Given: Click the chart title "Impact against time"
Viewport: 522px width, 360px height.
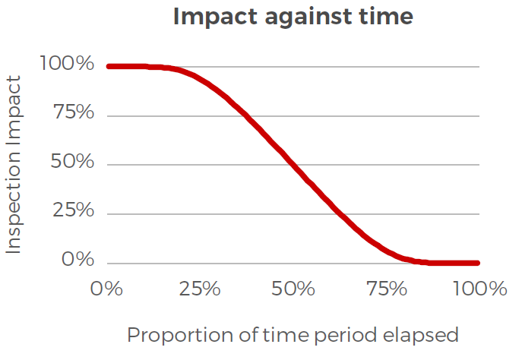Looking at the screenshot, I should click(x=293, y=17).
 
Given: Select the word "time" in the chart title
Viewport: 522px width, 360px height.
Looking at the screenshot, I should click(x=388, y=17).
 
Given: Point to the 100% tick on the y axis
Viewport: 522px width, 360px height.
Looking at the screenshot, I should click(x=67, y=65).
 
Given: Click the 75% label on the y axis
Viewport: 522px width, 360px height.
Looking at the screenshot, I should click(x=73, y=114).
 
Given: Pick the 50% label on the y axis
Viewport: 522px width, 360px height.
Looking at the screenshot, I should click(x=73, y=163).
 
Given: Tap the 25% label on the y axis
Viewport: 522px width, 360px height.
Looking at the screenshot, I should click(x=73, y=211).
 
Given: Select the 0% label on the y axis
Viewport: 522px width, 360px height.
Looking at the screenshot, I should click(x=78, y=261).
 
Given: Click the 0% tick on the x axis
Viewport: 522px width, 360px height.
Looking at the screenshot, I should click(x=106, y=289).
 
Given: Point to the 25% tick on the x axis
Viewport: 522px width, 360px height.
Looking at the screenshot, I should click(x=200, y=289).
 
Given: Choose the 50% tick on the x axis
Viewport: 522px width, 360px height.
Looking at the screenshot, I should click(x=293, y=289).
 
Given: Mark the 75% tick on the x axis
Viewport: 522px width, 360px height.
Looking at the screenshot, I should click(x=387, y=289).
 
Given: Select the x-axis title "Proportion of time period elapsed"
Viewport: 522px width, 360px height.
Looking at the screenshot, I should click(x=293, y=335).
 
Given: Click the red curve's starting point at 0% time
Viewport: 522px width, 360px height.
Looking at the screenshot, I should click(x=109, y=67).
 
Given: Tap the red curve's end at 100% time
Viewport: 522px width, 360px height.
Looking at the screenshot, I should click(x=478, y=264).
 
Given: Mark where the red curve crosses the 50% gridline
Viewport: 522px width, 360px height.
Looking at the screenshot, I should click(x=293, y=165).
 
